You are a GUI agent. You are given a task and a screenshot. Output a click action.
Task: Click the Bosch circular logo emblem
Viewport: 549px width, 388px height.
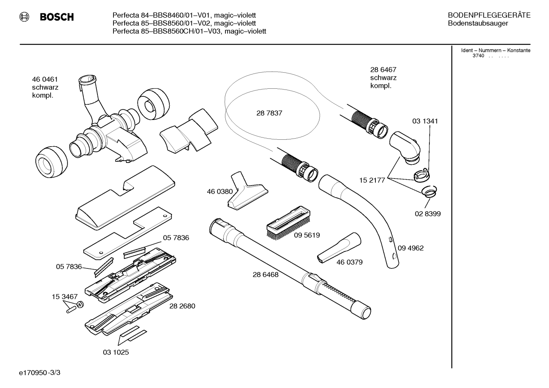24,17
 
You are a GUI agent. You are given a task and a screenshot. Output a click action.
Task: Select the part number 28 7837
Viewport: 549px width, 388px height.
269,113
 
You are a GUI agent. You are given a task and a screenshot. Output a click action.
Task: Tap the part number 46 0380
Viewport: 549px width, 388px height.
220,192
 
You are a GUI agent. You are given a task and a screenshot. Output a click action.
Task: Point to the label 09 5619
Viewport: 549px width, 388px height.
307,235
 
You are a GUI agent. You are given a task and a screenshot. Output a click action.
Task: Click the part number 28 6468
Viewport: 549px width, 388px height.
265,275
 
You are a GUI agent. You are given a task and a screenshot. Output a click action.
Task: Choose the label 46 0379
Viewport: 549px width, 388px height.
349,262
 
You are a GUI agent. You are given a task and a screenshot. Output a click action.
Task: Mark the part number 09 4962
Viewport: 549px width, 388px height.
410,248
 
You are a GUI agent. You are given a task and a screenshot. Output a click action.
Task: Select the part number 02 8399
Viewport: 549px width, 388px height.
428,214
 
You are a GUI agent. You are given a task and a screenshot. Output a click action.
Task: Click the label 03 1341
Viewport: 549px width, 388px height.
425,121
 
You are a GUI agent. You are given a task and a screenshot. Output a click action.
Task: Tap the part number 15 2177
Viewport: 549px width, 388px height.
372,180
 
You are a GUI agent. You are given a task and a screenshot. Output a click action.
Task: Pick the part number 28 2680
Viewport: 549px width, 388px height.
182,306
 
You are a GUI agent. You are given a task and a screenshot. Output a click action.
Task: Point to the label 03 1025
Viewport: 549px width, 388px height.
116,352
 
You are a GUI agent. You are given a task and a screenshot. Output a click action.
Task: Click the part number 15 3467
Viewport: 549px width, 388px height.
64,297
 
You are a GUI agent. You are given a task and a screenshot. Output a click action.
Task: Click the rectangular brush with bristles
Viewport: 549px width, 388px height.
288,222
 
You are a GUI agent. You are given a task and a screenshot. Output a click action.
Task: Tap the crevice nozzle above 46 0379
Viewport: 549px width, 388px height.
339,248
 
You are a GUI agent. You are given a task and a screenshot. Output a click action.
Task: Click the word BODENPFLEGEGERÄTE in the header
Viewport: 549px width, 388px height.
489,15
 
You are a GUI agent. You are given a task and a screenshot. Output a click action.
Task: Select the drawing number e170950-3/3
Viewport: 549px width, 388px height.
40,373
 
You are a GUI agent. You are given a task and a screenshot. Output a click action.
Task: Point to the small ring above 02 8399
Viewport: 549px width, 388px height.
429,192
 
